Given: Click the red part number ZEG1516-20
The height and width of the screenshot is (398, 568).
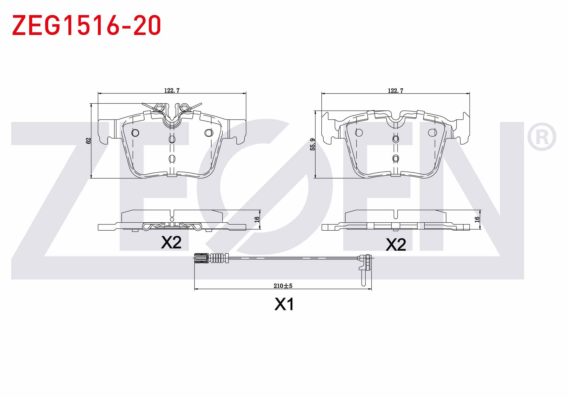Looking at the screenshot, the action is coord(87,25).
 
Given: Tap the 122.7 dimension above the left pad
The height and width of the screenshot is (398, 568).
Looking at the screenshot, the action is coord(172,90).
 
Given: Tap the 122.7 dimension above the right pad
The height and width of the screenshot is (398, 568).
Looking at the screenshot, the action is coord(396,90).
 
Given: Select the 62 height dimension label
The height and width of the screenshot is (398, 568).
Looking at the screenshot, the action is coord(88,141).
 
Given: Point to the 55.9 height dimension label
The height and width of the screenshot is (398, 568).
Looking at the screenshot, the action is coord(313,144).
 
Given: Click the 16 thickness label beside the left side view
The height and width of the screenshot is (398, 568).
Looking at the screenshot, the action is coord(257,219).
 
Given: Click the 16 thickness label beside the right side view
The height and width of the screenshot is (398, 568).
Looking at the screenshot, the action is coord(477,219).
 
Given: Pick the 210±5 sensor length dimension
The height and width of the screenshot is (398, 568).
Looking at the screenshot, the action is coord(283,286).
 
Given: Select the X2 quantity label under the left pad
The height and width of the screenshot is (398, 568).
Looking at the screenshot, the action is coord(171,242).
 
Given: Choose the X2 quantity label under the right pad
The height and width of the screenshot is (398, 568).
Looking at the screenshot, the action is coord(396,244).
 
